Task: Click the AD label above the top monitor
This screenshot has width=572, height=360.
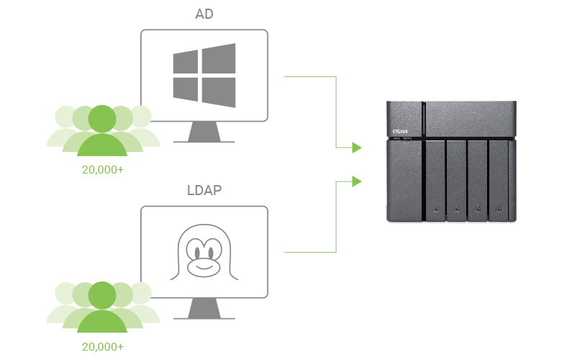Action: [x=204, y=15]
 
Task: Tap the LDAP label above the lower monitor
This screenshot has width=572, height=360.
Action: [x=204, y=192]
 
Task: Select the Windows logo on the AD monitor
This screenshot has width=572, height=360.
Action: [x=204, y=75]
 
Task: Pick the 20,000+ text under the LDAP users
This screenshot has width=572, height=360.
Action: [x=102, y=346]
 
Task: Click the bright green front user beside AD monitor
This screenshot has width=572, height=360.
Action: [x=102, y=133]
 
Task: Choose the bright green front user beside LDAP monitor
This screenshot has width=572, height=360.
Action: [x=102, y=310]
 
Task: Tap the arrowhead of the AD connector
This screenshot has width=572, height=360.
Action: [x=356, y=148]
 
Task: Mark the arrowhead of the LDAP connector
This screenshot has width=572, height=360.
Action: [x=356, y=181]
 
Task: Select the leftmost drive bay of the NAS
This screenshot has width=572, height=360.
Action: [x=435, y=179]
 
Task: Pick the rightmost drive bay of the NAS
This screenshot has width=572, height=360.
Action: [x=499, y=179]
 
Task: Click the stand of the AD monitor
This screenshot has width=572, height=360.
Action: [x=204, y=132]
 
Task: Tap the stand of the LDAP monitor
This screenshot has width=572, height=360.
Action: [x=204, y=310]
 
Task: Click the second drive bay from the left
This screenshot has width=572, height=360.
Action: [x=456, y=179]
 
